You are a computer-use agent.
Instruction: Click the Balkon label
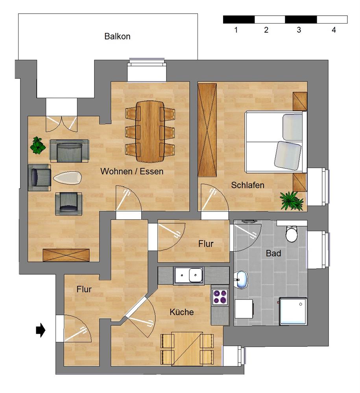tap(117, 37)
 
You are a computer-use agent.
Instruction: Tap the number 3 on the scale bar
tap(299, 30)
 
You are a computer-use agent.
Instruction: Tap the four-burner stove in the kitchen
tap(220, 297)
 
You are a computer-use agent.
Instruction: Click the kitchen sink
tap(189, 275)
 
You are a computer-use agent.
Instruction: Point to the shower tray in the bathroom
tap(293, 311)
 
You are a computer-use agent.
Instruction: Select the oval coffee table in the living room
tap(68, 178)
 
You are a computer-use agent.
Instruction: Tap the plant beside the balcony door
tap(38, 145)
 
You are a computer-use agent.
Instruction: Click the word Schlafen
tap(247, 185)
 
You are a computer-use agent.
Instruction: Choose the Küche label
tap(182, 312)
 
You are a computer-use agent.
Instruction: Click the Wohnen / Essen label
tap(132, 171)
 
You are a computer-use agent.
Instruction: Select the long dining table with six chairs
tap(150, 132)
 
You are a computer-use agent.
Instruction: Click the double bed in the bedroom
tap(276, 142)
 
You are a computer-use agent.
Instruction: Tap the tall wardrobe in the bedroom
tap(207, 130)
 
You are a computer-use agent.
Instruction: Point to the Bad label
tap(273, 253)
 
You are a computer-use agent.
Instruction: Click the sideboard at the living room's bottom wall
tap(66, 255)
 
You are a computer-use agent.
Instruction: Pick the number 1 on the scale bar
tap(236, 30)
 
